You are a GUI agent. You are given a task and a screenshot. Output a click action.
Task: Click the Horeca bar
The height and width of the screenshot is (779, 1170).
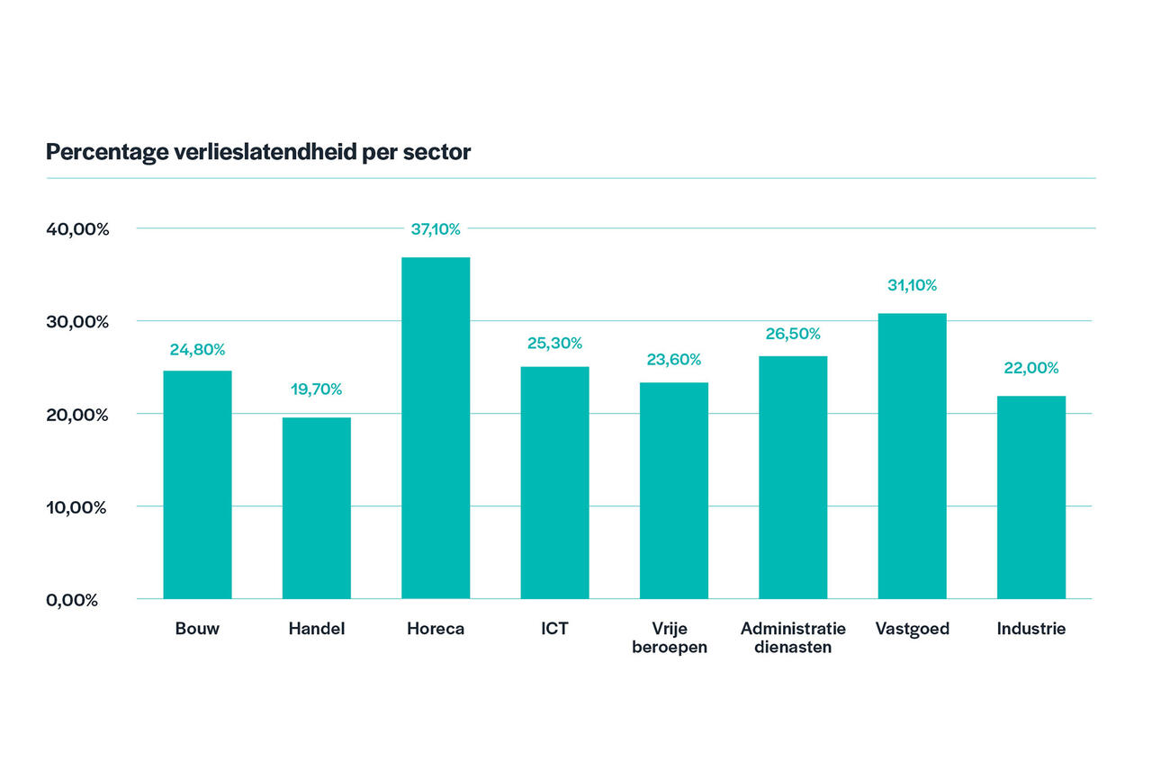pos(436,428)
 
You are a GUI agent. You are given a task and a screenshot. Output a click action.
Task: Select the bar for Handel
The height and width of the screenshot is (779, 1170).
pos(316,508)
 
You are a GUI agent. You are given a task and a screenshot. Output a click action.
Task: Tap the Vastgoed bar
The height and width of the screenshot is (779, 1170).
pos(912,456)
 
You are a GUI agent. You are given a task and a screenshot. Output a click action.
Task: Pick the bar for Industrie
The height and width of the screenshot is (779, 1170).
pos(1030,497)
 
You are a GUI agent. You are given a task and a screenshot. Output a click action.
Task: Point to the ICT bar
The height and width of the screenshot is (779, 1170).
pos(554,482)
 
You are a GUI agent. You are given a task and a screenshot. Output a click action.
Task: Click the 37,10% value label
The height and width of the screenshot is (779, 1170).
pos(436,229)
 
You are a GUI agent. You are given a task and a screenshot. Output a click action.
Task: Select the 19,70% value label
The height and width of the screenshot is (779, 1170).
pos(316,389)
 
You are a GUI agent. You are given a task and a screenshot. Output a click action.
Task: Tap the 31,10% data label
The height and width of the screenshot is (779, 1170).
pos(912,285)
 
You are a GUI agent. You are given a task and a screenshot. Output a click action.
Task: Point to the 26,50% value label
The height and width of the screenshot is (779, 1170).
pos(793,334)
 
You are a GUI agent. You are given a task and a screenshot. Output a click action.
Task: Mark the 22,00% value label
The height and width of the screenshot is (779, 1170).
pos(1030,368)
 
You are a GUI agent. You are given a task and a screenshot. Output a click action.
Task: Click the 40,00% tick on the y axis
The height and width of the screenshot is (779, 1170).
pos(77,229)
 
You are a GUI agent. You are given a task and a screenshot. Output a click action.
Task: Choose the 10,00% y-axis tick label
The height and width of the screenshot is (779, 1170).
pos(76,507)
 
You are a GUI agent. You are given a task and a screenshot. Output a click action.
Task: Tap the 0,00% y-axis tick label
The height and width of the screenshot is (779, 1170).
pos(72,600)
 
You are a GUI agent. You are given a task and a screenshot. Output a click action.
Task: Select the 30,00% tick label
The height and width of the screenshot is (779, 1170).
pos(77,322)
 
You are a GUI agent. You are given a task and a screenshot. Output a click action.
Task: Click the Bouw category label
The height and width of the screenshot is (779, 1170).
pos(197,629)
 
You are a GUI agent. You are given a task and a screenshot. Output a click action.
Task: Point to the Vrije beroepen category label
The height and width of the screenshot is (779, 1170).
pos(673,638)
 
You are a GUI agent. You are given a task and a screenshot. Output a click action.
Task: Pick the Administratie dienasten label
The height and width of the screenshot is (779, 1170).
pos(793,638)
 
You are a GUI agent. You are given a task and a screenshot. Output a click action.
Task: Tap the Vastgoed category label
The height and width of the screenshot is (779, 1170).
pos(912,629)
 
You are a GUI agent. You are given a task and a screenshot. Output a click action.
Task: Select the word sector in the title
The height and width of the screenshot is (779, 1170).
pos(437,152)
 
